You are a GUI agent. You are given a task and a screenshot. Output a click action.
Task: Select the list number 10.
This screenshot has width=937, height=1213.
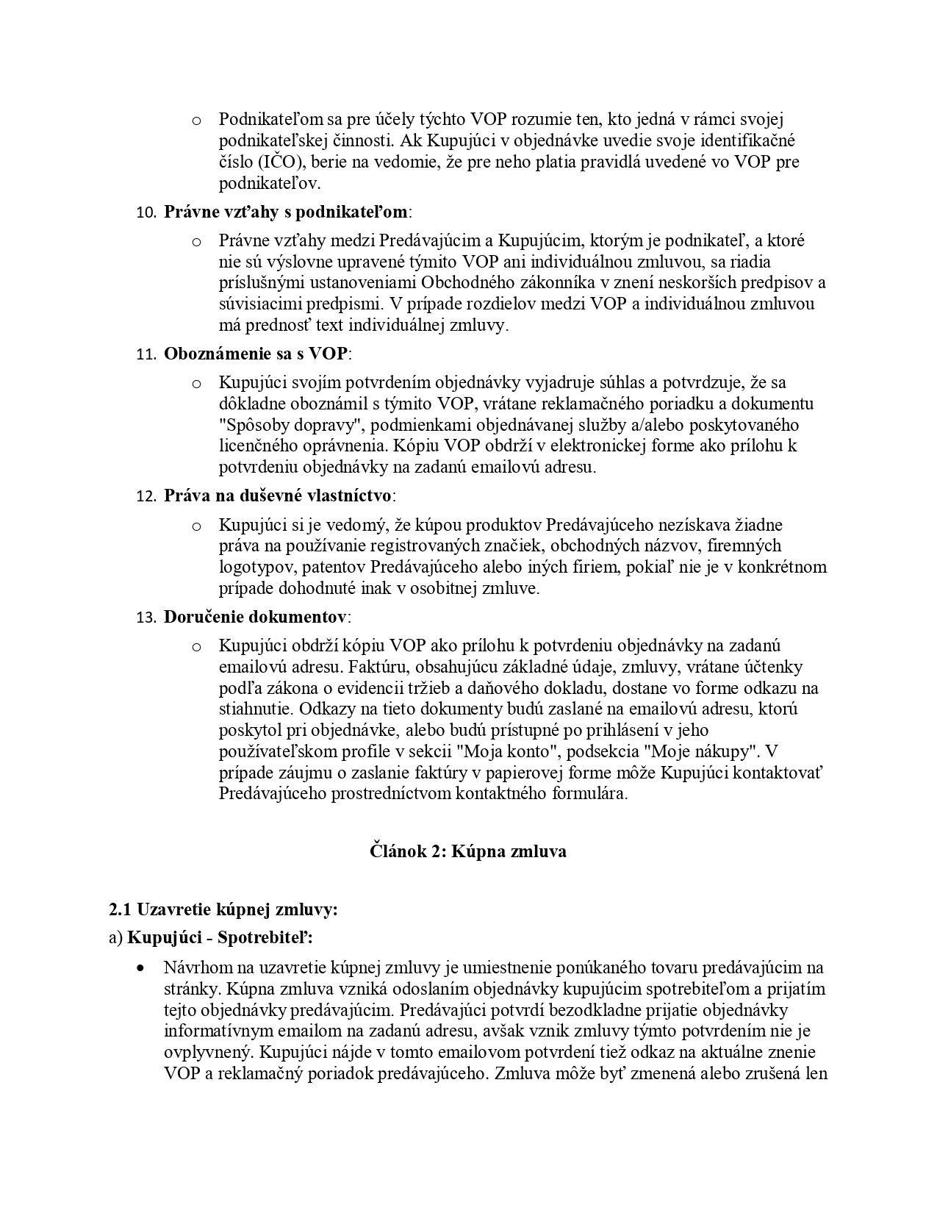pos(147,213)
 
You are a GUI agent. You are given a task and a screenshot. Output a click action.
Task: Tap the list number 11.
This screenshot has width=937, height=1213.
pos(147,354)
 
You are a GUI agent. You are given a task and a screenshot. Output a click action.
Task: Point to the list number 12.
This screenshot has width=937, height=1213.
pos(147,496)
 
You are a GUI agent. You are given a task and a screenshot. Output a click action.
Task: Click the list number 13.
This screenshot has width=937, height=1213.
pos(147,618)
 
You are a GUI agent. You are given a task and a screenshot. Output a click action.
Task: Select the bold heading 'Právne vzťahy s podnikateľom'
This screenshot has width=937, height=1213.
pos(285,212)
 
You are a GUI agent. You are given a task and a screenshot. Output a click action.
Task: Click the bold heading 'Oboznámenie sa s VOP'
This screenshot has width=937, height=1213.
pos(255,354)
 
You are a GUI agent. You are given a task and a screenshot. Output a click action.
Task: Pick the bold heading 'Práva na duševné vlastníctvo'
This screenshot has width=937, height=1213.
pos(278,495)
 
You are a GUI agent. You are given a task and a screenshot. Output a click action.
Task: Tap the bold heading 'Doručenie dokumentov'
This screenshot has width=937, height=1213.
pos(255,617)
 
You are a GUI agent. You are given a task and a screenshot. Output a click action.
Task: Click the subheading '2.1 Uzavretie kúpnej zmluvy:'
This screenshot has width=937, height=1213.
pos(223,909)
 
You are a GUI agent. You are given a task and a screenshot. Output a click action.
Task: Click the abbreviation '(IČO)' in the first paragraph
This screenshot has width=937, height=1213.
pos(268,162)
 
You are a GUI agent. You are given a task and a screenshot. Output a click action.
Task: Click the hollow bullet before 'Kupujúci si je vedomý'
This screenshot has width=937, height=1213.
pos(196,526)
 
